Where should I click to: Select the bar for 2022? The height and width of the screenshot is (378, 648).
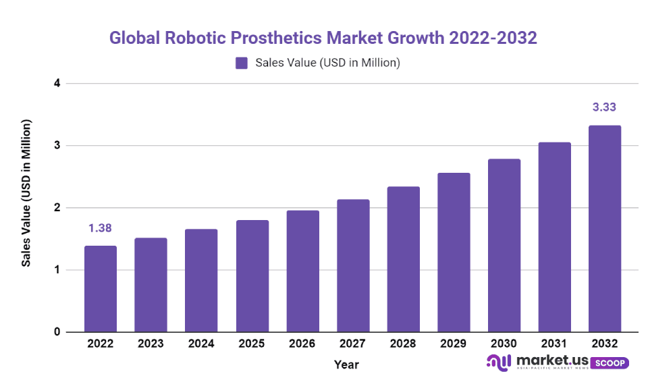coord(101,289)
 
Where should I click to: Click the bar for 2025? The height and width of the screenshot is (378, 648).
coord(252,276)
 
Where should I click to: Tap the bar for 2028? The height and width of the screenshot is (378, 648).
coord(403,259)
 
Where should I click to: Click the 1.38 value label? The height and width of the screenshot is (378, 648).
coord(100,229)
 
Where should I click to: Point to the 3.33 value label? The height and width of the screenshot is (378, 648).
coord(605,107)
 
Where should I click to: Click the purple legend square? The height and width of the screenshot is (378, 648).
coord(242,63)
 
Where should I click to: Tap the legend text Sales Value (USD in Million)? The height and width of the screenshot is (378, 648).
coord(328,63)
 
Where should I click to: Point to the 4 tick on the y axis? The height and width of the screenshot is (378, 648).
coord(57,84)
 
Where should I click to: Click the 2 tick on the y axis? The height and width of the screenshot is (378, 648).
coord(57,208)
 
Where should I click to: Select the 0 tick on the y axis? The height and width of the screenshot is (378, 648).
coord(57,332)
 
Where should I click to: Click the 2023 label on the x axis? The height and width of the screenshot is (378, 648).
coord(151,344)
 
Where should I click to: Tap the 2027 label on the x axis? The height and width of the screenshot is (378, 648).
coord(352,344)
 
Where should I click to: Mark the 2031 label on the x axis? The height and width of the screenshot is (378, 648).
coord(554,344)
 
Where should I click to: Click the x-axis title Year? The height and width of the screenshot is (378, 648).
coord(346,364)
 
